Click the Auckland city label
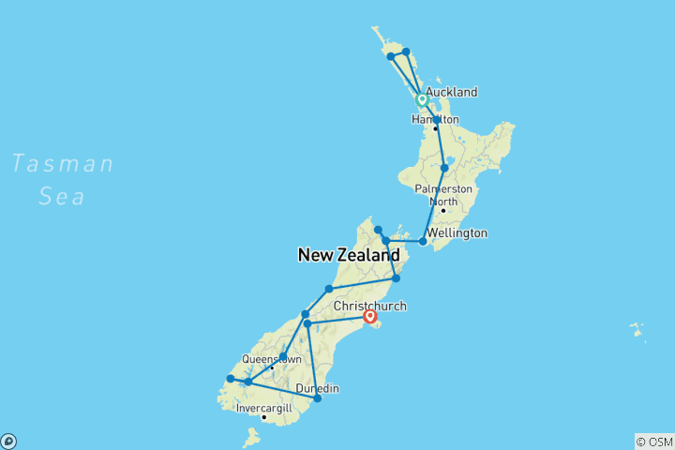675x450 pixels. [451, 92]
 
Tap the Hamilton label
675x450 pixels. [435, 120]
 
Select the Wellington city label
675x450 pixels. [457, 232]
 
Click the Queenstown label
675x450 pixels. [272, 358]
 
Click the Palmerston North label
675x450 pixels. [443, 195]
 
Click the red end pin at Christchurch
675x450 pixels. [370, 317]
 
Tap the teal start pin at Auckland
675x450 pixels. [422, 99]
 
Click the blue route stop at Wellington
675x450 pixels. [423, 241]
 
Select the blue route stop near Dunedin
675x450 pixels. [317, 398]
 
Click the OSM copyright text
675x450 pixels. [654, 441]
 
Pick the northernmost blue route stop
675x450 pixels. [406, 52]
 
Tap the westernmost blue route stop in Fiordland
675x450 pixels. [229, 379]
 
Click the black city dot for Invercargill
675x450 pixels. [263, 418]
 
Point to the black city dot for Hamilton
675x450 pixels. [436, 128]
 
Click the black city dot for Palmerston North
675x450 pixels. [442, 210]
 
